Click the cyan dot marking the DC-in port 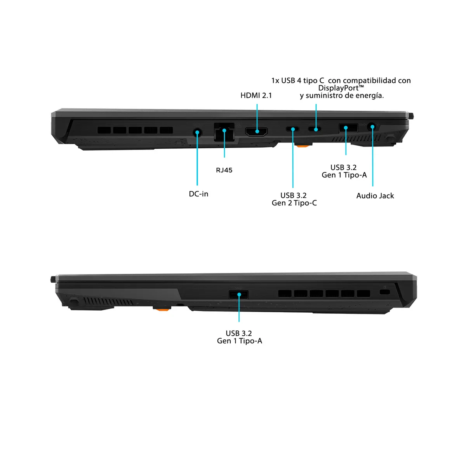[197, 132]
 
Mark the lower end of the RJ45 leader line [224, 157]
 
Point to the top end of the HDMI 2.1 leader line [257, 104]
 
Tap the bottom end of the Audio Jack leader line [373, 186]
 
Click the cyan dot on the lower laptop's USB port [239, 294]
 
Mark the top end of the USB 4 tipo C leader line [316, 104]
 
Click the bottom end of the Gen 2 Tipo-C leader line [293, 188]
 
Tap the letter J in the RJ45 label [221, 170]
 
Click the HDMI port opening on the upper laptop [256, 132]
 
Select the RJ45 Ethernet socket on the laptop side [224, 132]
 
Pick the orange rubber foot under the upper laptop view [303, 146]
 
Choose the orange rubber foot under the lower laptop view [162, 309]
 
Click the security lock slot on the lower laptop [385, 292]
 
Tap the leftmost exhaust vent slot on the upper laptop [104, 130]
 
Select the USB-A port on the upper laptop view [348, 128]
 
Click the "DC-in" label [198, 194]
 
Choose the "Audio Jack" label [375, 196]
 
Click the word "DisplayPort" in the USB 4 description [339, 88]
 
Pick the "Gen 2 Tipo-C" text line [294, 203]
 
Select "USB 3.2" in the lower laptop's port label [239, 333]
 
